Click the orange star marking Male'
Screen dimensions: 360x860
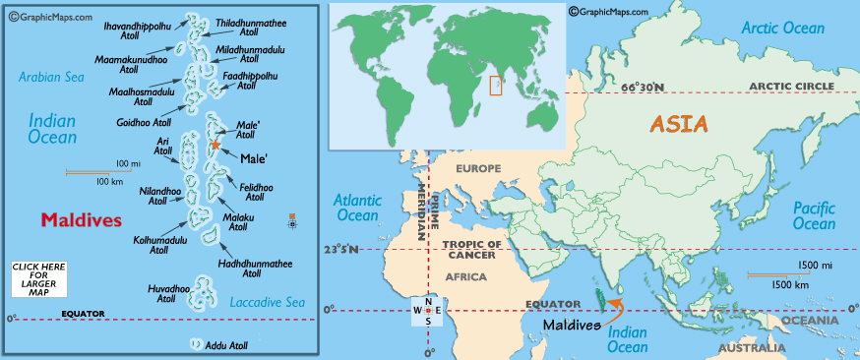(x=215, y=145)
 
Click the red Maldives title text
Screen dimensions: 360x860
(x=82, y=219)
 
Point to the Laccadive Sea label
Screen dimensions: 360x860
(x=267, y=302)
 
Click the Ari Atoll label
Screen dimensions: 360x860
(x=163, y=148)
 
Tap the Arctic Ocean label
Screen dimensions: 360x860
(x=783, y=29)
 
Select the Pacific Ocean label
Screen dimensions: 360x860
(x=815, y=215)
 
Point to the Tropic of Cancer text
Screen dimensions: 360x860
(x=473, y=249)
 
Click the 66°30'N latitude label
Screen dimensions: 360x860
(x=643, y=88)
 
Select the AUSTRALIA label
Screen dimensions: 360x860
(x=751, y=348)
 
